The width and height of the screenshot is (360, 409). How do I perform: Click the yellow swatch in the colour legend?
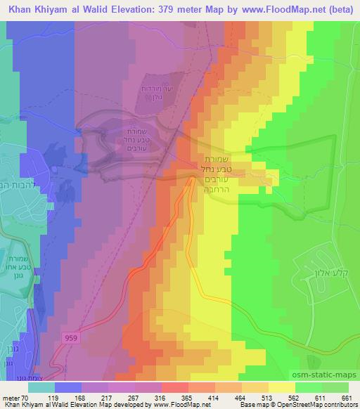tap(281, 387)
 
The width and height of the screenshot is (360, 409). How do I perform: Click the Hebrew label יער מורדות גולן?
tap(165, 92)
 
